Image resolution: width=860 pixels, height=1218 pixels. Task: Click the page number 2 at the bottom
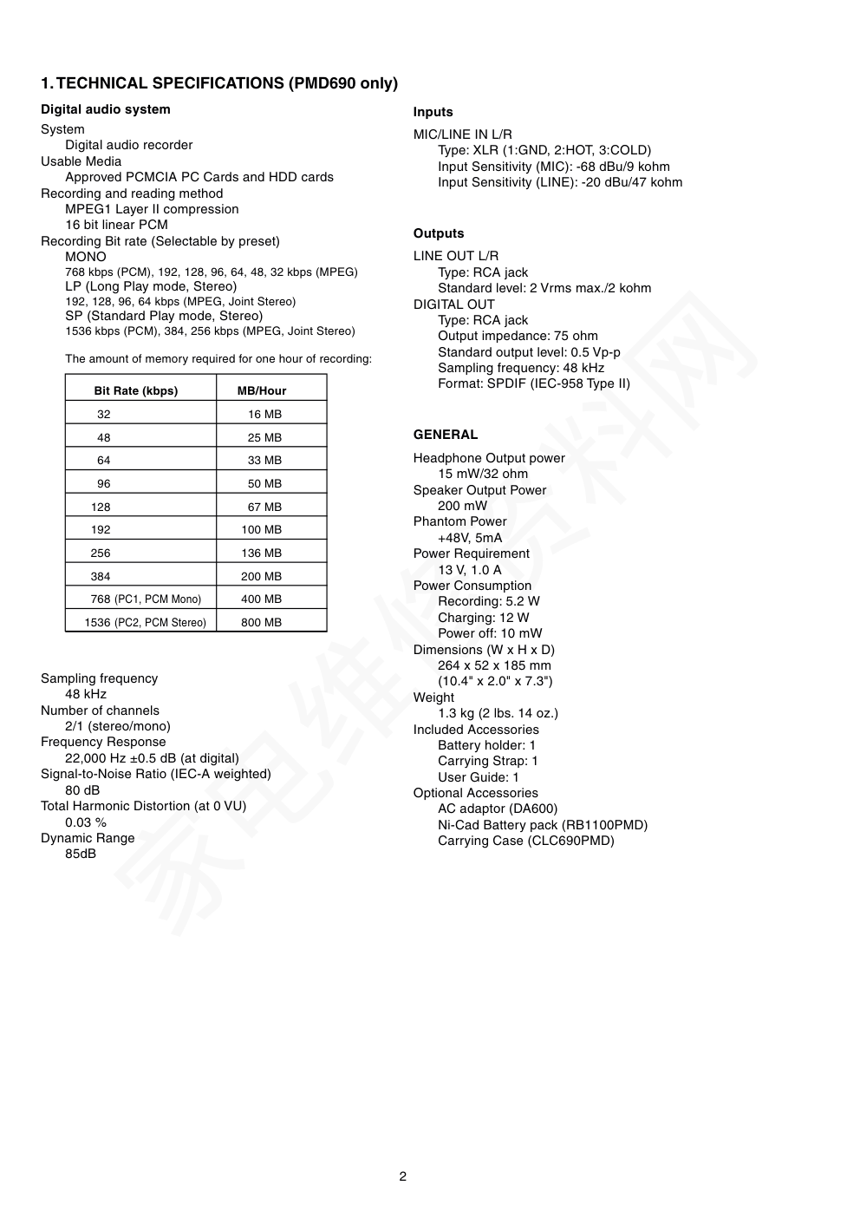click(402, 1176)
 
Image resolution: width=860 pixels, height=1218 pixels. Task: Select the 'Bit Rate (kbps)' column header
click(135, 390)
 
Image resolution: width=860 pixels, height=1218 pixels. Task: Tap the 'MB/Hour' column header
click(262, 390)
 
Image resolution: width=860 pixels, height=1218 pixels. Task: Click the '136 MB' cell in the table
click(261, 553)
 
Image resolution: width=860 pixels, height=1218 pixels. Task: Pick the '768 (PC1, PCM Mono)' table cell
click(146, 599)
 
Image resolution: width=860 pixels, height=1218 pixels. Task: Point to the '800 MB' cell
click(261, 622)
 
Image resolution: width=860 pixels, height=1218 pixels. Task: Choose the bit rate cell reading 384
click(101, 576)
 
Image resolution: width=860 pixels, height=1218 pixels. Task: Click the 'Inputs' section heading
click(433, 112)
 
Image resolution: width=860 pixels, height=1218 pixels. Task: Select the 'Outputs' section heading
click(439, 233)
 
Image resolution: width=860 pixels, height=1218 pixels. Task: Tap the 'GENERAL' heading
click(446, 435)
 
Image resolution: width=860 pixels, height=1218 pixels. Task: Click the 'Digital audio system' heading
click(106, 109)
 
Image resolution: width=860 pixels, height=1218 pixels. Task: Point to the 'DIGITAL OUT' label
click(453, 304)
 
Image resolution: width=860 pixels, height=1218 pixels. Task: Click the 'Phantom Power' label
click(459, 521)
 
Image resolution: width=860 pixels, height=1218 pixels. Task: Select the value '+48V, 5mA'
click(470, 538)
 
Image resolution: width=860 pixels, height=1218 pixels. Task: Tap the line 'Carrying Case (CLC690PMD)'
click(525, 841)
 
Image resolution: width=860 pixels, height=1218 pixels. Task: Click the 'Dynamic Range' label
click(88, 838)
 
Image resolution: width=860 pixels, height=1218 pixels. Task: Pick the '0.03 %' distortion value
click(86, 822)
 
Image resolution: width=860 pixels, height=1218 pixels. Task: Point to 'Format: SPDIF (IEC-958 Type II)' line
click(534, 383)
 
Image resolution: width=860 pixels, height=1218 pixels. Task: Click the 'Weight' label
click(433, 697)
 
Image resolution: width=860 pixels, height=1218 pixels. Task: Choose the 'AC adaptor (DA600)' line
click(498, 809)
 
